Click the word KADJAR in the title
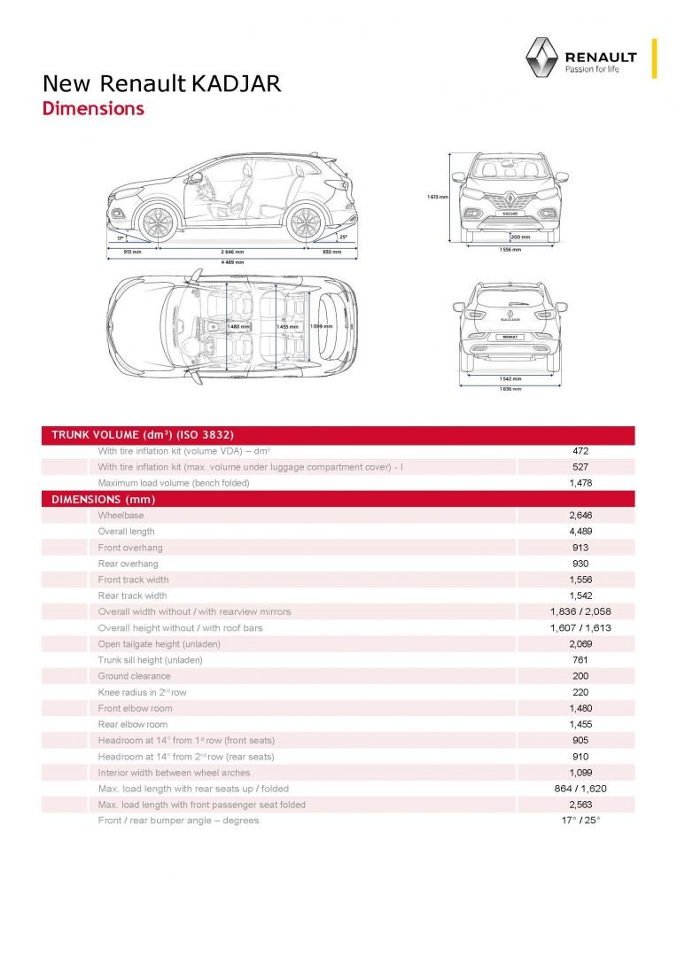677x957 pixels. (x=237, y=84)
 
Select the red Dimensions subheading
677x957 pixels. (x=93, y=109)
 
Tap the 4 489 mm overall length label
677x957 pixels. (x=232, y=262)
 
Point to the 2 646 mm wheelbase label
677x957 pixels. (x=232, y=251)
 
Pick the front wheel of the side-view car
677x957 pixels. (x=158, y=222)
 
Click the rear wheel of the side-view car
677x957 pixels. (x=304, y=222)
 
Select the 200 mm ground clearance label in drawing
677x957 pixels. (x=520, y=237)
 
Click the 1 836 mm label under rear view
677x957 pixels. (x=510, y=389)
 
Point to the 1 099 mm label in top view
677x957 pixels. (x=320, y=326)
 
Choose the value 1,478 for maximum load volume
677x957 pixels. (x=580, y=483)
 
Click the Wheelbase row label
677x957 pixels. (x=121, y=515)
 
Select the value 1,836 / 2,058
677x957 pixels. (x=580, y=611)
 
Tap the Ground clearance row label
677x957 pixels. (x=134, y=676)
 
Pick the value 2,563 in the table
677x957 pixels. (x=580, y=805)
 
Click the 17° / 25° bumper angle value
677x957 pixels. (x=580, y=821)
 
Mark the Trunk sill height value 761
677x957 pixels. (x=580, y=660)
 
